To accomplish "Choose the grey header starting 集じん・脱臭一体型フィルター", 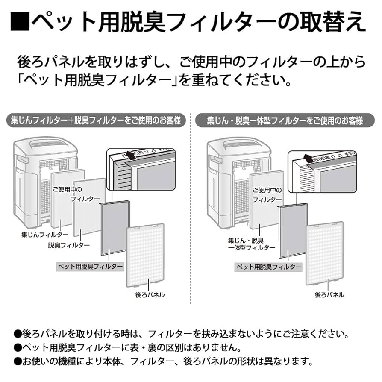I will click(285, 121).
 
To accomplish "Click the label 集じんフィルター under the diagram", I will click(45, 235).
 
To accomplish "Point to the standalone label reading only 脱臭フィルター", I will click(69, 245).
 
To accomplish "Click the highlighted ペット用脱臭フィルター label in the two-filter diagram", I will click(90, 267).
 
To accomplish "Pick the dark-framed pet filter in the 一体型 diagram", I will click(293, 231).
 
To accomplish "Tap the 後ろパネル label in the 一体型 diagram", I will click(329, 295).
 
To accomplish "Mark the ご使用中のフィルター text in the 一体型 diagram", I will click(267, 195).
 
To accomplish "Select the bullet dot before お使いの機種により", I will click(17, 361).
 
